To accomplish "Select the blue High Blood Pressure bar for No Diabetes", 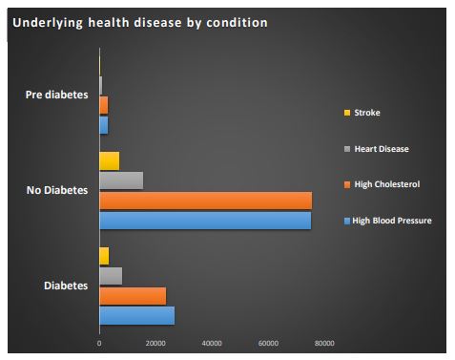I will click(205, 221).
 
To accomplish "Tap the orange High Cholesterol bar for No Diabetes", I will click(205, 201).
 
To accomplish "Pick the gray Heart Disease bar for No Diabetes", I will click(121, 180).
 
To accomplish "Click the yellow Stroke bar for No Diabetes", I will click(109, 160).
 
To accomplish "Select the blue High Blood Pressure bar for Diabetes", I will click(136, 315).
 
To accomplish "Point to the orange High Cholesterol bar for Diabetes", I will click(133, 296).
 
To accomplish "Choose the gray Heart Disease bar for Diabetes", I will click(111, 276).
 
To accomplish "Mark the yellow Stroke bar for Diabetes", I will click(104, 256).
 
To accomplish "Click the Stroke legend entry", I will click(367, 113).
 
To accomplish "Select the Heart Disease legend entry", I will click(380, 148).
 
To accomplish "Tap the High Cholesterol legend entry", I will click(385, 184).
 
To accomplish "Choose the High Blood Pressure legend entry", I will click(391, 221).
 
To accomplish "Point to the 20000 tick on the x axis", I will click(155, 344).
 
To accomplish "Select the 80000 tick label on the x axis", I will click(324, 344).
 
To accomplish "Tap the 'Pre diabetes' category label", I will click(56, 95).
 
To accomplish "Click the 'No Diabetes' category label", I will click(57, 190).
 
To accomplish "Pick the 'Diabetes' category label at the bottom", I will click(67, 286).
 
